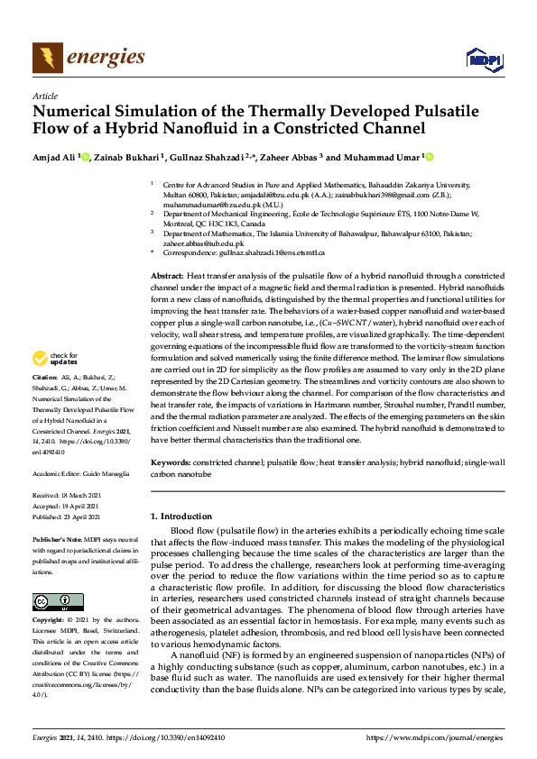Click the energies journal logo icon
(x=43, y=59)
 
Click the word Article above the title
(x=44, y=96)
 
